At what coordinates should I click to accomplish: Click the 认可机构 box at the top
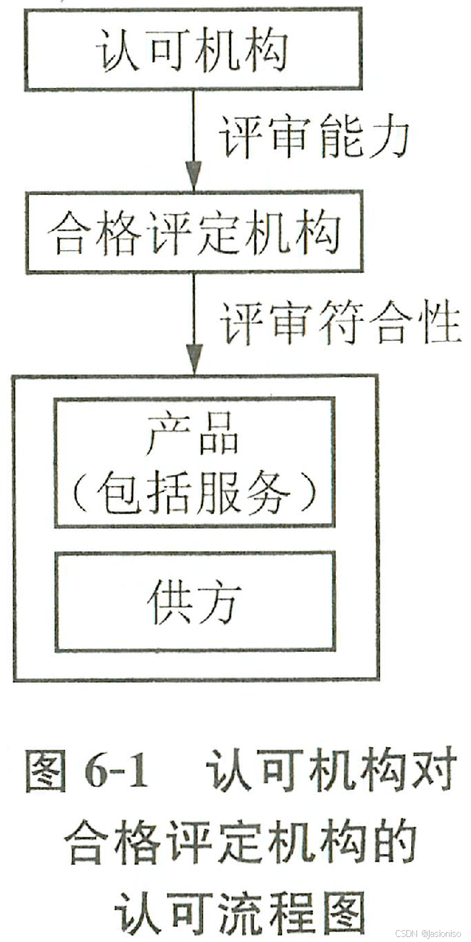coord(193,48)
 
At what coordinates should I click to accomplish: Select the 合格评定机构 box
coord(193,233)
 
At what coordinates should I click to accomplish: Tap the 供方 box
coord(195,602)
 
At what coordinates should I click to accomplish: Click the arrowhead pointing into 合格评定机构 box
coord(194,176)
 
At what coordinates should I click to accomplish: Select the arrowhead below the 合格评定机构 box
coord(194,361)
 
